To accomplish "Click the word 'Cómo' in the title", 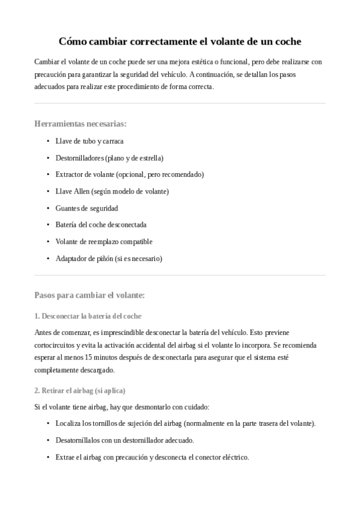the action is click(73, 41).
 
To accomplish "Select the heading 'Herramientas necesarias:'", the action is click(81, 124).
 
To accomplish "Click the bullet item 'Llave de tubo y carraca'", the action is click(90, 141).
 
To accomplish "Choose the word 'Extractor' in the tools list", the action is click(70, 174).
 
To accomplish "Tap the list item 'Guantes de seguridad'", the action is click(87, 208).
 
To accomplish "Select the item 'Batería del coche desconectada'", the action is click(101, 225).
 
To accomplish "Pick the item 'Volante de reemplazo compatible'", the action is click(104, 242).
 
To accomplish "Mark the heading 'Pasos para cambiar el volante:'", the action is click(90, 295).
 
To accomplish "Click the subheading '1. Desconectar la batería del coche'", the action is click(88, 316).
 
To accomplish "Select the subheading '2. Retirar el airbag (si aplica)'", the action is click(80, 390).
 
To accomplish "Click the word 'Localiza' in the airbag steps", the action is click(69, 423).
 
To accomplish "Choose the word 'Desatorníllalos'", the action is click(79, 440).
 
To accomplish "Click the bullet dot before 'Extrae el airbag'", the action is click(48, 457).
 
